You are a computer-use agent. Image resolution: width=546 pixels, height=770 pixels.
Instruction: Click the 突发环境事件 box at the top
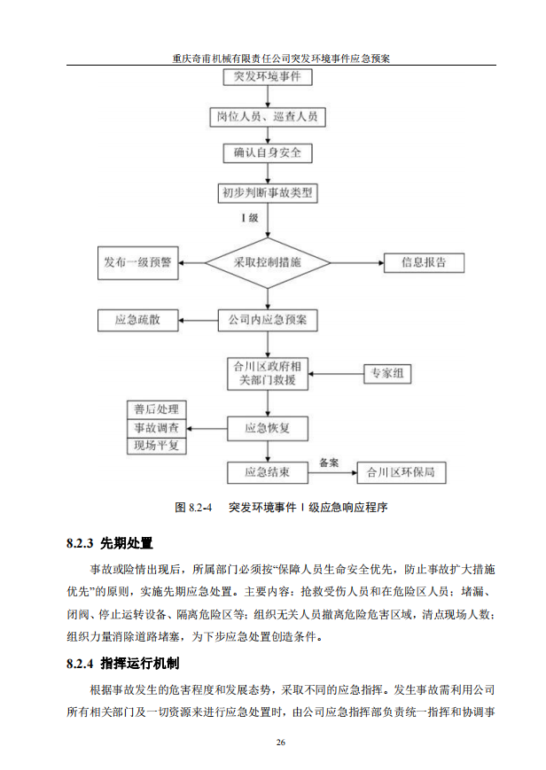coord(267,77)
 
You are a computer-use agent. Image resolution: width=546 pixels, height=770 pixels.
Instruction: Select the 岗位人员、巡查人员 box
coord(267,115)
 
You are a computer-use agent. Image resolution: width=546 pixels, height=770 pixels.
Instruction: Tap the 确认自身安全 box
coord(267,153)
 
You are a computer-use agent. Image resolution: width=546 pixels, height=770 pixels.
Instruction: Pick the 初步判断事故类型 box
coord(267,191)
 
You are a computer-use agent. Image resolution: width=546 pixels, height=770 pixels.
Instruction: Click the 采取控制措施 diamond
coord(267,262)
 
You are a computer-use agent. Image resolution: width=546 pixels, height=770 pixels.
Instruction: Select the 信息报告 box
coord(423,262)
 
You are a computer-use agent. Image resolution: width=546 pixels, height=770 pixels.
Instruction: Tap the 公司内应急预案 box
coord(267,320)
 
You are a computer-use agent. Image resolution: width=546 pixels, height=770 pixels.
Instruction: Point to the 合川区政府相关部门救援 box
coord(267,373)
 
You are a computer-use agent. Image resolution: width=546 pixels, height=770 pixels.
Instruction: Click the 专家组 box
coord(386,373)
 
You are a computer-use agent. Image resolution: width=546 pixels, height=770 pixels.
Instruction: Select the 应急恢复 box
coord(267,429)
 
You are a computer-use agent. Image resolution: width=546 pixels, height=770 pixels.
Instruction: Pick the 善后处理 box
coord(156,409)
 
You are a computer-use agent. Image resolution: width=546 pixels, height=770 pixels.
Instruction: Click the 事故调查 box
coord(156,428)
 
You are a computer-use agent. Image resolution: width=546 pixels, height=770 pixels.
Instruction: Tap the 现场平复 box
coord(156,446)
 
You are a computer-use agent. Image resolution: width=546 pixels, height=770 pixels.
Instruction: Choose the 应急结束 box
coord(267,471)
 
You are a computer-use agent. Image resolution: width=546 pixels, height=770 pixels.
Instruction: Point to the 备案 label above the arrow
coord(329,462)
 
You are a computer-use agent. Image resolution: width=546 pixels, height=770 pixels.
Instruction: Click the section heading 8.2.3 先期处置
coord(109,542)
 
